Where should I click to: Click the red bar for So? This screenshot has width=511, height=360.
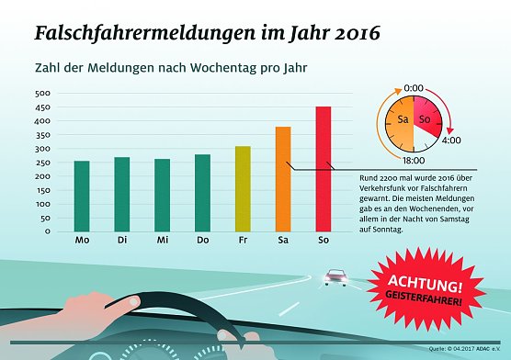pos(324,169)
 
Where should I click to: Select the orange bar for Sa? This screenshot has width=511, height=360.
pos(283,179)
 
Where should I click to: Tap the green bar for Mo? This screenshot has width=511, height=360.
pos(82,196)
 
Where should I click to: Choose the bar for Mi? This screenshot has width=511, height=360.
pos(162,195)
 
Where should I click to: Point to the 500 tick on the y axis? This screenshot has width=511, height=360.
pos(43,94)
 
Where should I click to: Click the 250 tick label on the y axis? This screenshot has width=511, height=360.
pos(43,163)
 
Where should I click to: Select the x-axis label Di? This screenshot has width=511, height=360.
pos(121,241)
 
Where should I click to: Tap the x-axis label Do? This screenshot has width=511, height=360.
pos(202,241)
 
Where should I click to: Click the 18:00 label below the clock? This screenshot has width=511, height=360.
pos(412,160)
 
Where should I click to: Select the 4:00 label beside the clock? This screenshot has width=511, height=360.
pos(452,141)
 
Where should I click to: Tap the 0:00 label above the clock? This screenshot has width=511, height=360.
pos(414,88)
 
